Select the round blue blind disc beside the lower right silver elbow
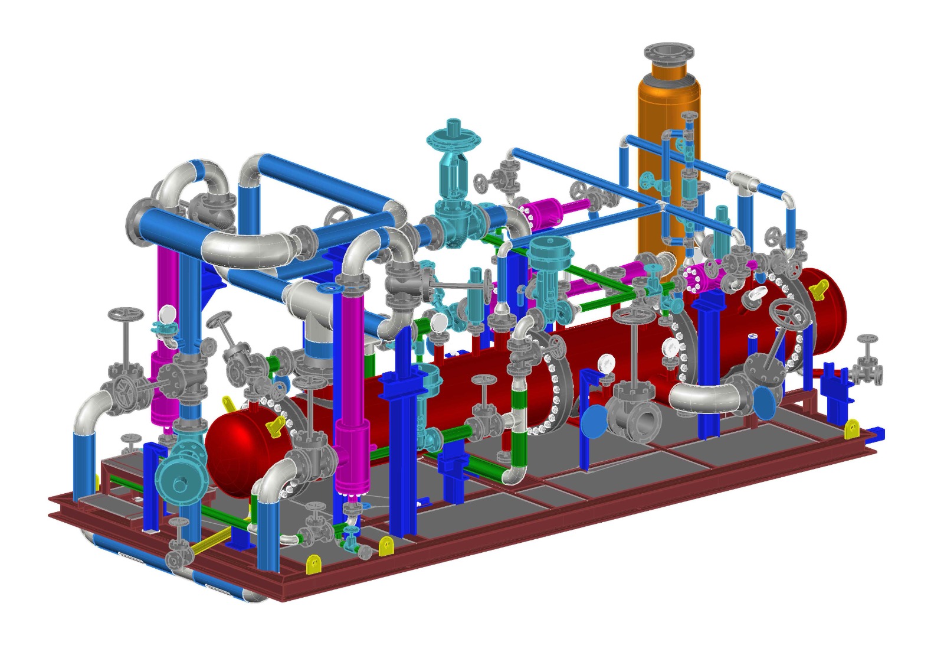pos(765,403)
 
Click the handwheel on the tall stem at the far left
pos(124,314)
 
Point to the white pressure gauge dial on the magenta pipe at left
pos(168,313)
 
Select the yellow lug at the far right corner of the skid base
pos(851,429)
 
